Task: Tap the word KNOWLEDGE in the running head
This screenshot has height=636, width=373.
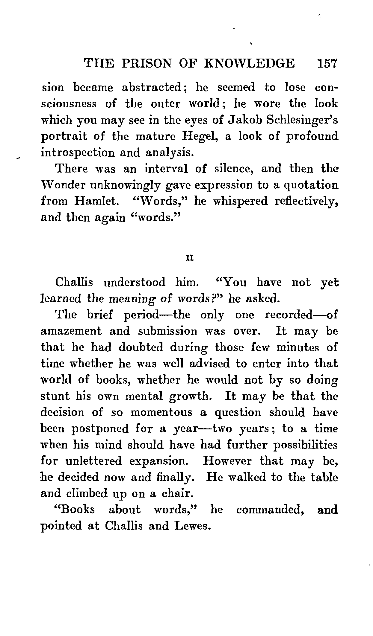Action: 249,64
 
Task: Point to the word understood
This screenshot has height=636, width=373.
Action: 134,282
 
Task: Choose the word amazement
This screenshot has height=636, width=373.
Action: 71,331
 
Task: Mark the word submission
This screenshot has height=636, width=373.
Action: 168,331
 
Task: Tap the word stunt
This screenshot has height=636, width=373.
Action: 55,396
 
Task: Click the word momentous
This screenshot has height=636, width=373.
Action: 161,413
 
